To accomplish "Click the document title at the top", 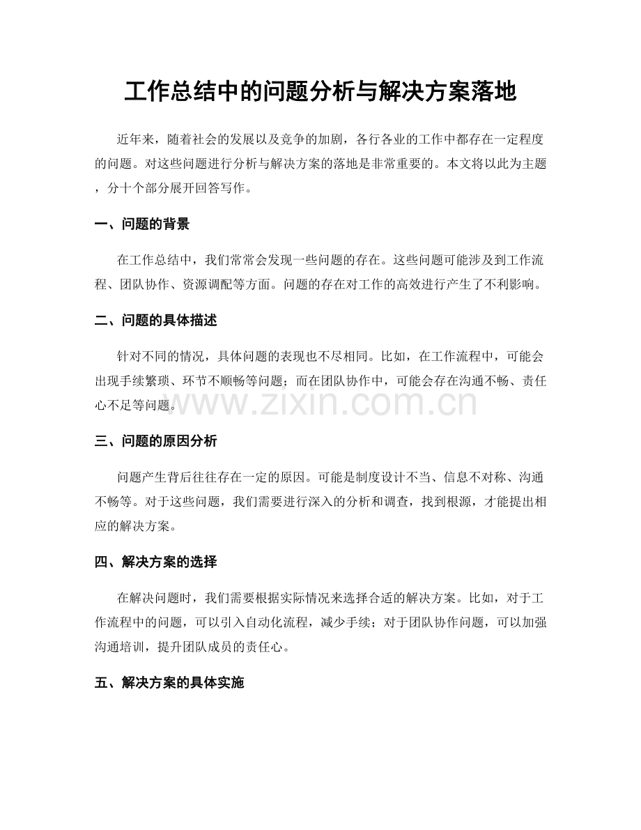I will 320,92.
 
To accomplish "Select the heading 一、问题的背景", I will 142,224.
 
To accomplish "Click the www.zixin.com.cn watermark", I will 320,403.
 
